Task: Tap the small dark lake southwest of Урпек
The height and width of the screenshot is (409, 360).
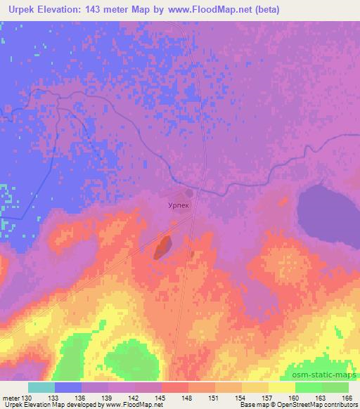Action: point(163,246)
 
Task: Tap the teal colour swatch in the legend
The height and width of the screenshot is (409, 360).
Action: point(41,387)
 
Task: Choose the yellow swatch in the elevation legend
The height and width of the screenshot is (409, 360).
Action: point(282,387)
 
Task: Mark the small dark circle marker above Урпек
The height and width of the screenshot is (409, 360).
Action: point(188,193)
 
